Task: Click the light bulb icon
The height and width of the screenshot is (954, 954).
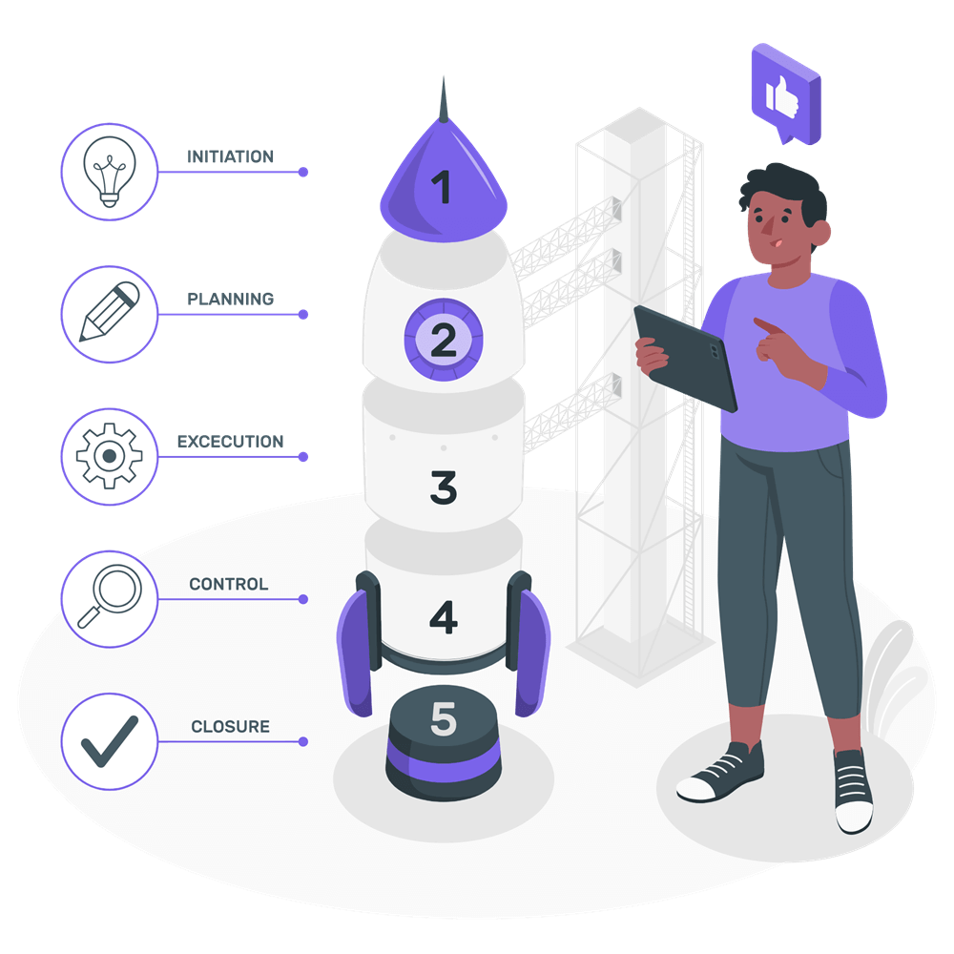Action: [110, 172]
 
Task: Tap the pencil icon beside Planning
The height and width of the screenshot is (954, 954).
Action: [110, 312]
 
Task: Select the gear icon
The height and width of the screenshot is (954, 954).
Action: [110, 456]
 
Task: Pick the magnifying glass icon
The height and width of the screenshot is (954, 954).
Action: [110, 596]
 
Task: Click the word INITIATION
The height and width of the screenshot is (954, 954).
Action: [230, 157]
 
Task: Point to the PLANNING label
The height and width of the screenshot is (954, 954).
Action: [230, 300]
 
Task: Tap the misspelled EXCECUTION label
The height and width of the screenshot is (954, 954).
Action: [230, 442]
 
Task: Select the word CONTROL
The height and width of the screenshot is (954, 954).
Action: [229, 584]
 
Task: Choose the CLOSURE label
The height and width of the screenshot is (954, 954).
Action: [230, 726]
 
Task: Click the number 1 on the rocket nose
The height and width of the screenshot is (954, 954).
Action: [442, 187]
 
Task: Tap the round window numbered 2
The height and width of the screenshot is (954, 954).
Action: [444, 340]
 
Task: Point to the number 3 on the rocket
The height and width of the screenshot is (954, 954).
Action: [444, 487]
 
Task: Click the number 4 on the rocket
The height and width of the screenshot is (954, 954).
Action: [444, 617]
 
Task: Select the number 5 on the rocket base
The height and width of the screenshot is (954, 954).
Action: [444, 718]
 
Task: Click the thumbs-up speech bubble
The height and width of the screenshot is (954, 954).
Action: [786, 93]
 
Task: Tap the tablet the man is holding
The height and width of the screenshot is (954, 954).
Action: [685, 359]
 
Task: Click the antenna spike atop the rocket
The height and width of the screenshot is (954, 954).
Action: [444, 100]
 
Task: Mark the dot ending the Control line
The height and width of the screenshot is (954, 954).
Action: [303, 599]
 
